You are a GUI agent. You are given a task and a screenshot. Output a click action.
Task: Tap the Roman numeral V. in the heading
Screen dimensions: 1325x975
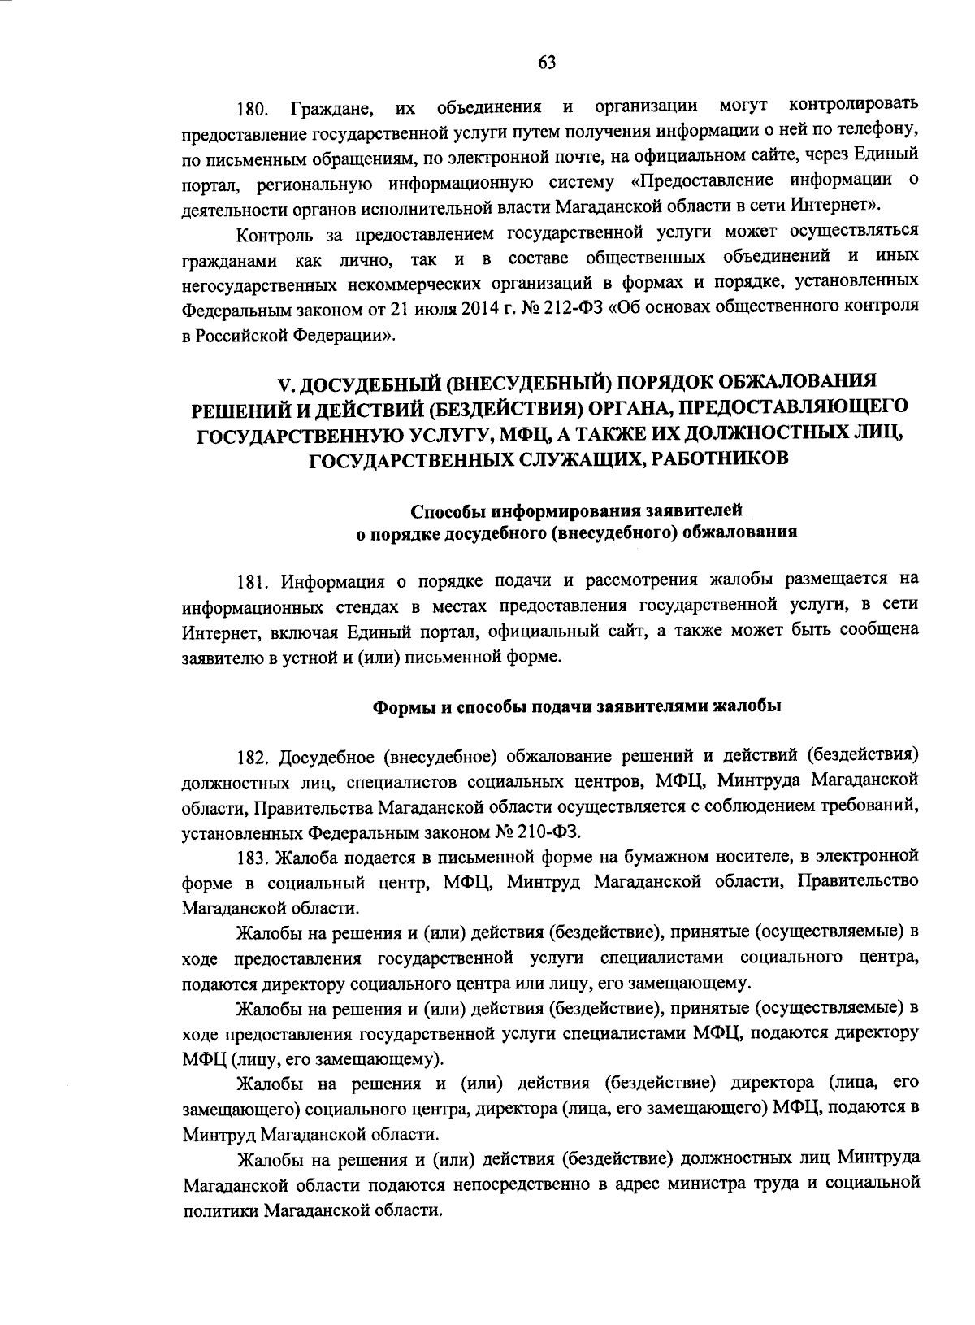click(x=284, y=381)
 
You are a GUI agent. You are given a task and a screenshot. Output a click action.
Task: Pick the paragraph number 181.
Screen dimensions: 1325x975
click(x=253, y=582)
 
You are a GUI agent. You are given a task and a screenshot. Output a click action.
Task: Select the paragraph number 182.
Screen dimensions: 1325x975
click(x=253, y=757)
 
